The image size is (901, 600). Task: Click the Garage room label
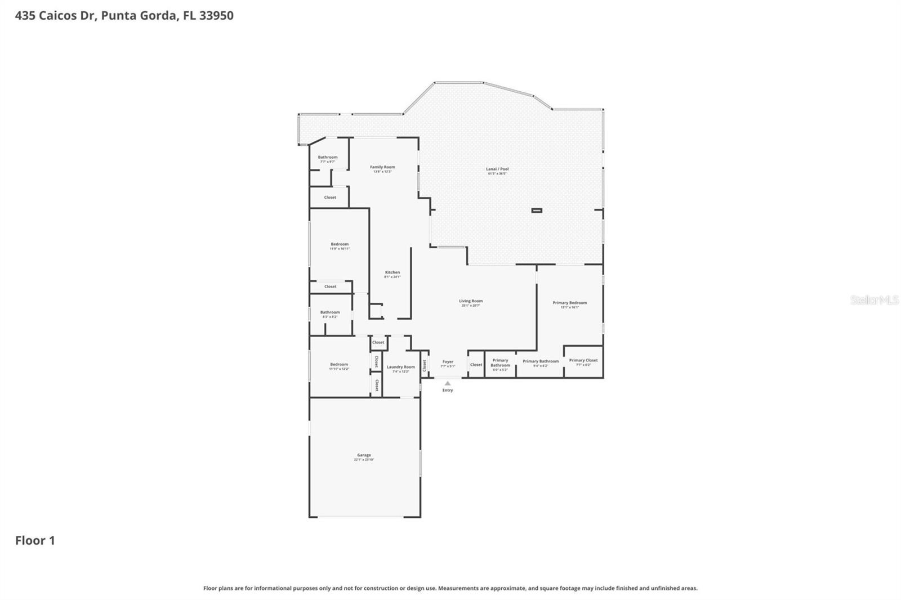(x=364, y=455)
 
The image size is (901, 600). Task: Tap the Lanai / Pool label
(x=497, y=169)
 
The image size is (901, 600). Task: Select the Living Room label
(x=471, y=301)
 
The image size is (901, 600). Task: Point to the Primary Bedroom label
(x=570, y=303)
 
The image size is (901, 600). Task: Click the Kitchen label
(x=392, y=272)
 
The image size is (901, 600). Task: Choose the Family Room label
(x=382, y=167)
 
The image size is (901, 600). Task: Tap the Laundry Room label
(x=401, y=367)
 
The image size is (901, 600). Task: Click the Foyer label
(x=448, y=362)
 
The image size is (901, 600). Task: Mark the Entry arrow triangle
(x=448, y=383)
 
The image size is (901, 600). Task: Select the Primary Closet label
(x=583, y=360)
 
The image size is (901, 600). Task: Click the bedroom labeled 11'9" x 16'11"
(x=340, y=244)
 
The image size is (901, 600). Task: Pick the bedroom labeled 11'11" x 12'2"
(x=339, y=365)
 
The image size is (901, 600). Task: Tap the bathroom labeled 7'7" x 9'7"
(x=328, y=158)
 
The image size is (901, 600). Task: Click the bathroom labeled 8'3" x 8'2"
(x=330, y=312)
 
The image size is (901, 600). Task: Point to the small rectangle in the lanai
(x=537, y=211)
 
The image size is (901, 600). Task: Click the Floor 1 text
(x=35, y=541)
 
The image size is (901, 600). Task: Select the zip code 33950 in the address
(x=216, y=16)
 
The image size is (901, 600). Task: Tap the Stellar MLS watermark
(x=874, y=301)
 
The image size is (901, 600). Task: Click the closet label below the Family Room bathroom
(x=330, y=198)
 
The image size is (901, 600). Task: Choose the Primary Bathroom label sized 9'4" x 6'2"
(x=541, y=361)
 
